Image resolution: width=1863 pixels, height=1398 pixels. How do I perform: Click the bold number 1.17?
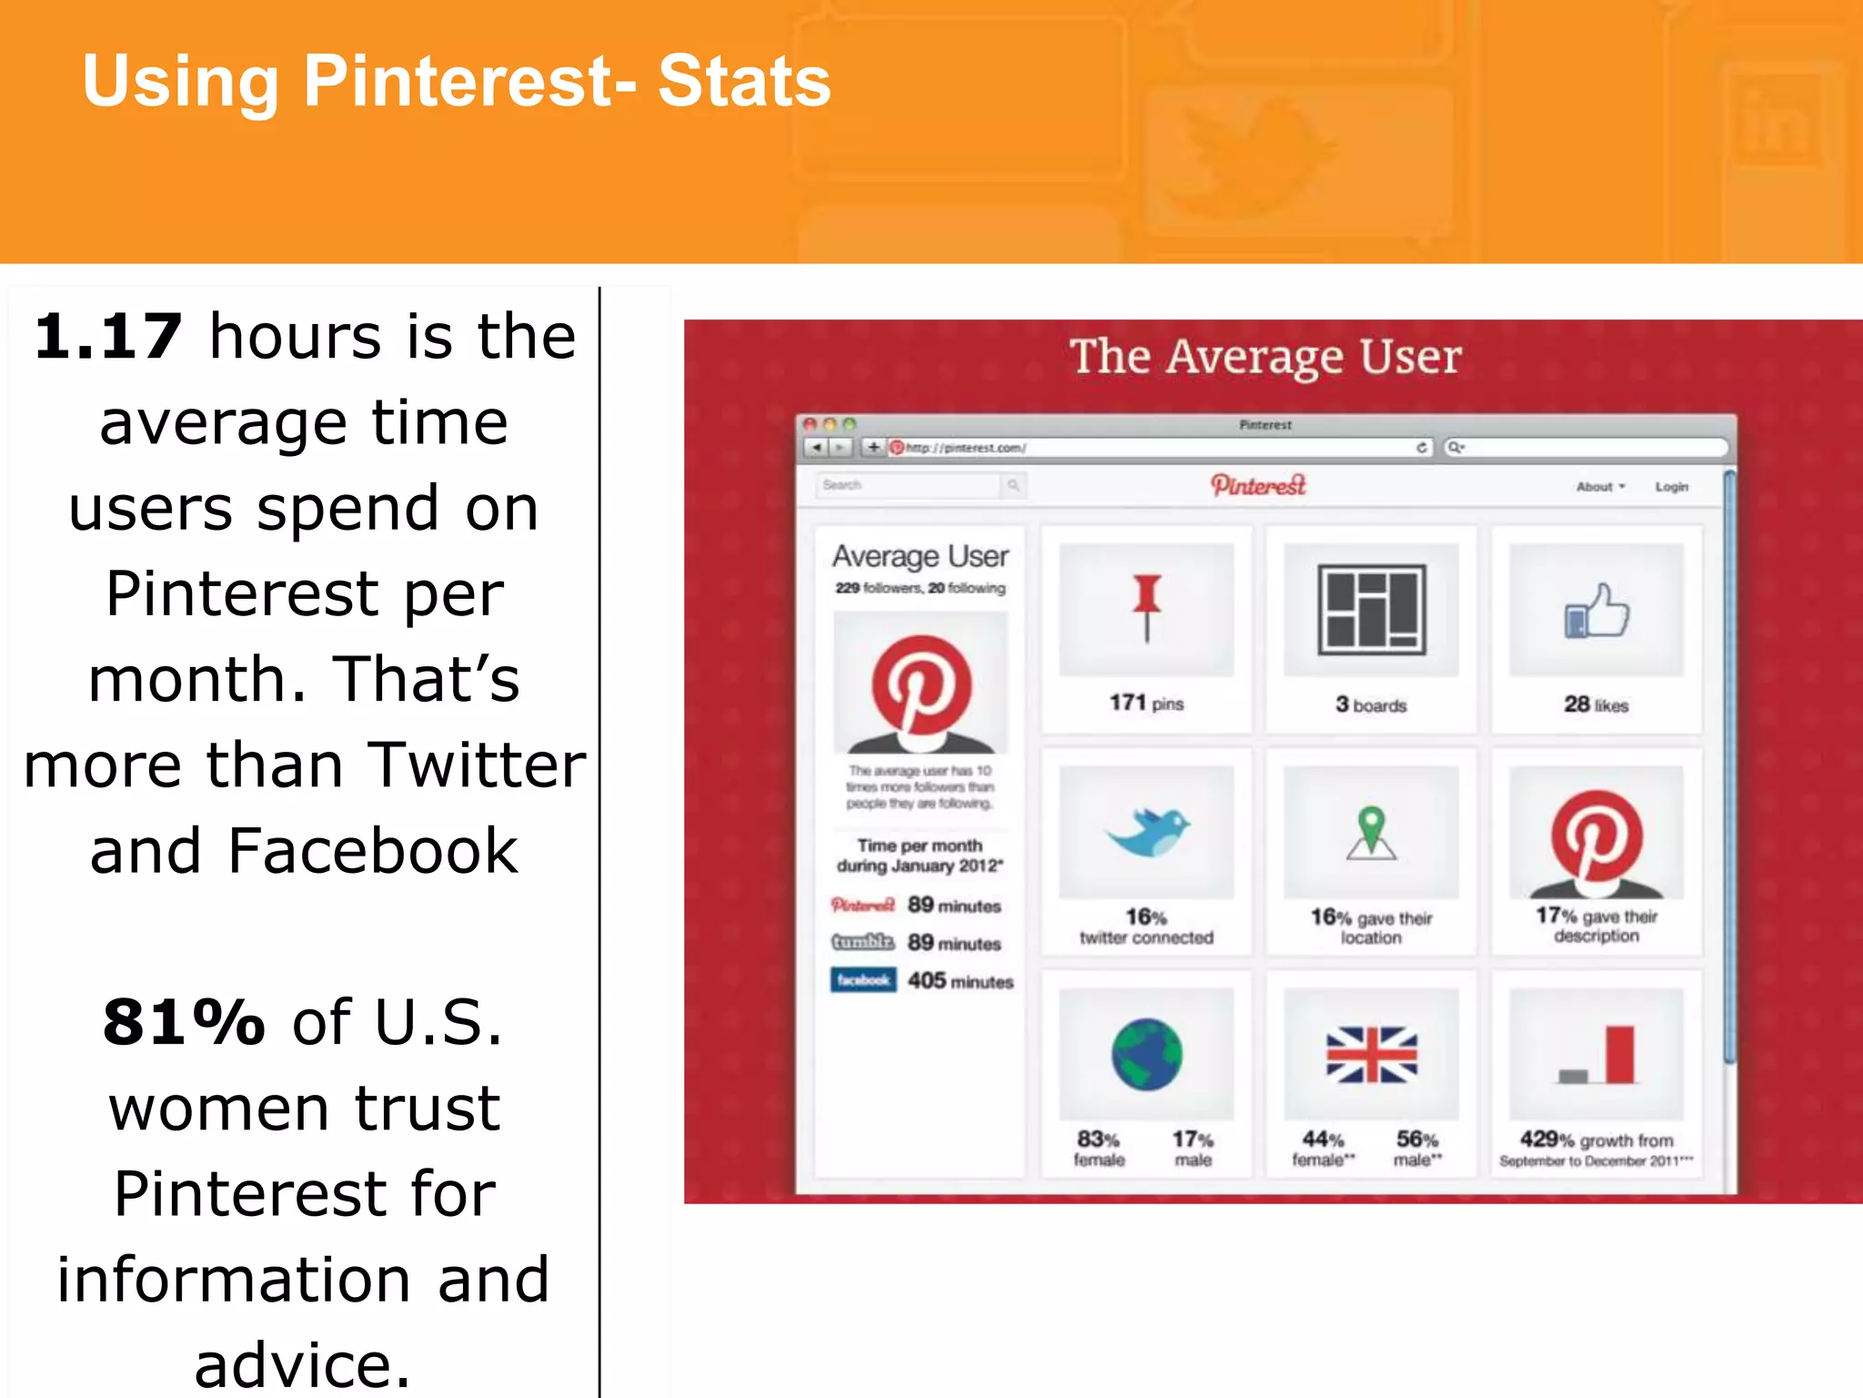(108, 337)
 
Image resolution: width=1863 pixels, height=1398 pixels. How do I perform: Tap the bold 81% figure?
(184, 1022)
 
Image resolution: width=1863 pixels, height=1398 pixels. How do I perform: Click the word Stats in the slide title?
(743, 82)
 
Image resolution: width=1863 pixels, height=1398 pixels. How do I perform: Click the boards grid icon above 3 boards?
(1371, 610)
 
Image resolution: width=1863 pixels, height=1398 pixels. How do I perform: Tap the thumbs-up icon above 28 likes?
(1596, 611)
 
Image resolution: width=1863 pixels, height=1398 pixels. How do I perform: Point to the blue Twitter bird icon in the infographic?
(1147, 831)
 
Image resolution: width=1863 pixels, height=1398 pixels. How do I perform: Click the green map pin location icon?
(1371, 832)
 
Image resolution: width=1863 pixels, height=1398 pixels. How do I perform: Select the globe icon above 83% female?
(1146, 1054)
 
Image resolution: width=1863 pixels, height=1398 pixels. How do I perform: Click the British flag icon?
(1371, 1054)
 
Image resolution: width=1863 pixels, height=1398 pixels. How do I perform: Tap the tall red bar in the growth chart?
(1619, 1054)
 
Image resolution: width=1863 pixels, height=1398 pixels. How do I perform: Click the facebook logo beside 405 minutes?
(862, 980)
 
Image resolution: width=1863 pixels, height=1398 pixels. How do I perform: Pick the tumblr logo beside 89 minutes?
(862, 942)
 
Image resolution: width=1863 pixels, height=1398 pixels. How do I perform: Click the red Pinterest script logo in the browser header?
(1258, 485)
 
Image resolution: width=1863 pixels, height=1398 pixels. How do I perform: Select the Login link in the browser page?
(1671, 487)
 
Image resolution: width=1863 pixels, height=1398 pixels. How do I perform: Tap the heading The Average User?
(1265, 357)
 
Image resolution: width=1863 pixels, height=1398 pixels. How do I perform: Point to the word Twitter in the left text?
(477, 765)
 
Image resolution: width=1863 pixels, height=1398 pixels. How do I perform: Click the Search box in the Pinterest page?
(910, 485)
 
